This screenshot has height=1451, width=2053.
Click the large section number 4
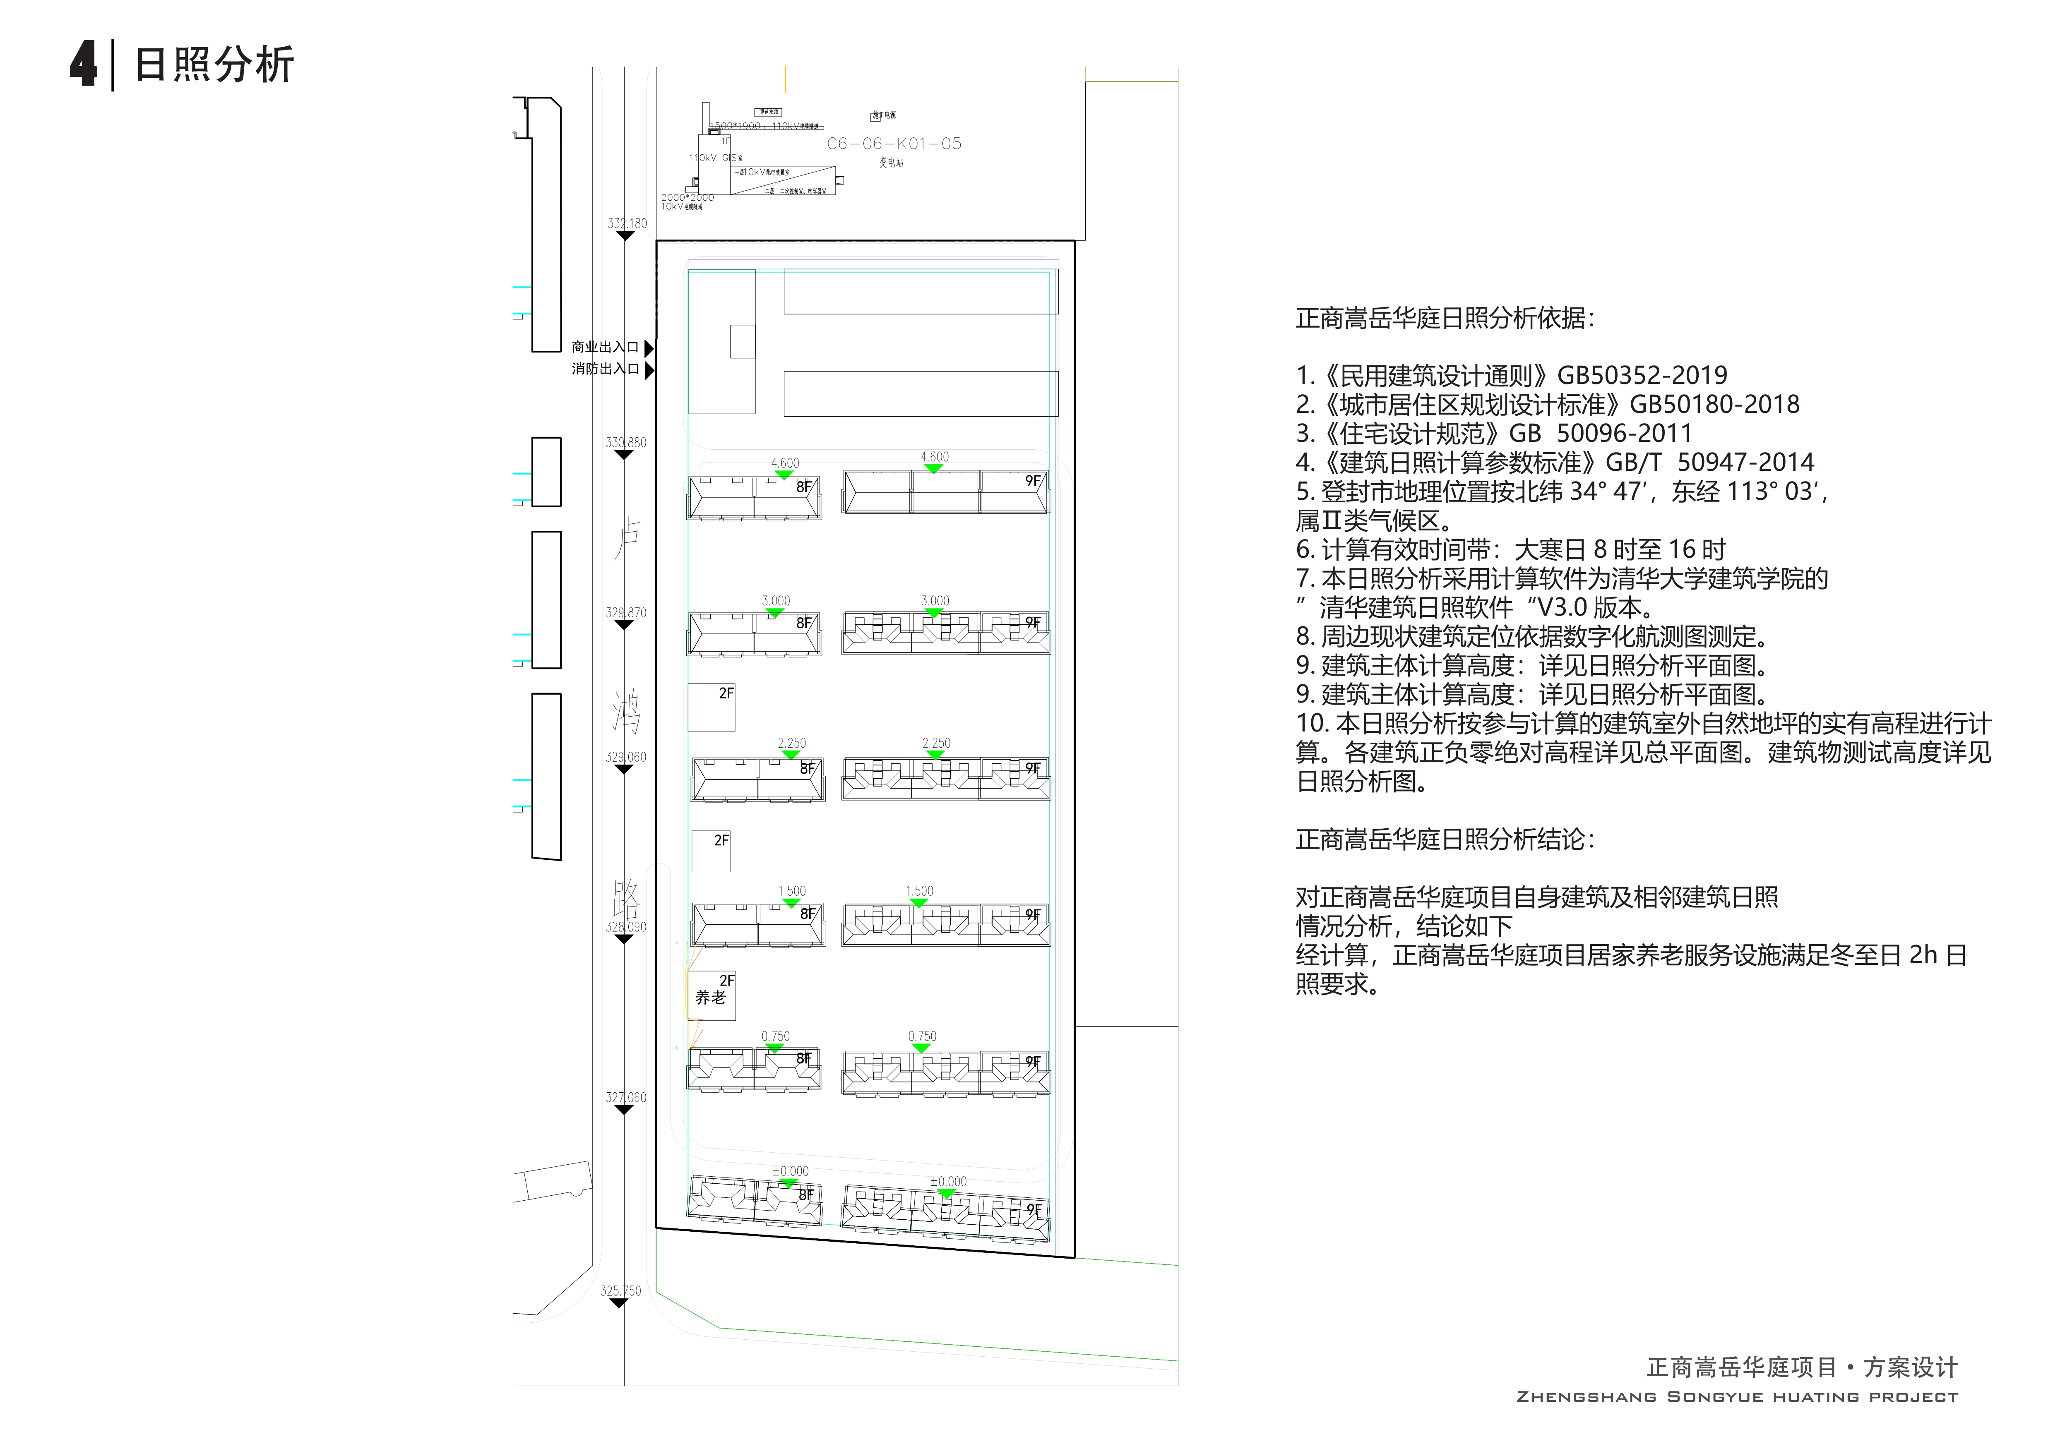coord(83,65)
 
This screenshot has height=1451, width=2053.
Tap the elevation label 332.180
coord(627,223)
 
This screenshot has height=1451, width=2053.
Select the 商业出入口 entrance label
coord(606,347)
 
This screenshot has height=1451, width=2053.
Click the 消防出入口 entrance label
coord(606,368)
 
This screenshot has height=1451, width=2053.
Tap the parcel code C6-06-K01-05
coord(894,143)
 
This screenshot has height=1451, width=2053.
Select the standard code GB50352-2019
coord(1642,376)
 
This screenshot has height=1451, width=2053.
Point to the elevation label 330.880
coord(626,443)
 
